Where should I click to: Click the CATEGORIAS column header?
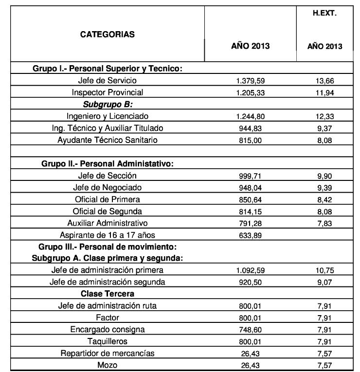[107, 35]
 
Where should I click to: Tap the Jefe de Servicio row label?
[107, 80]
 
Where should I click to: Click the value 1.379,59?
[250, 81]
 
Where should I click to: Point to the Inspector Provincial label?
[107, 92]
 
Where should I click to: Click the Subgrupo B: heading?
[107, 104]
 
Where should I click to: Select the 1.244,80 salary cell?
[250, 116]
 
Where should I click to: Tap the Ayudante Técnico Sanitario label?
[107, 140]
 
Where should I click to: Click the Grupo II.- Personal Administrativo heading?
[108, 164]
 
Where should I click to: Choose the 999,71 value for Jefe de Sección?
[250, 176]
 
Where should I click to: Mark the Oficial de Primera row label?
[107, 199]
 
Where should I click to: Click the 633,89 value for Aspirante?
[250, 235]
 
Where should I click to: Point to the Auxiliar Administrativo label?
[107, 223]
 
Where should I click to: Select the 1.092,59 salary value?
[250, 270]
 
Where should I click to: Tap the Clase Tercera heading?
[107, 294]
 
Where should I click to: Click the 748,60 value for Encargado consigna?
[250, 330]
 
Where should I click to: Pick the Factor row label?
[107, 318]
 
